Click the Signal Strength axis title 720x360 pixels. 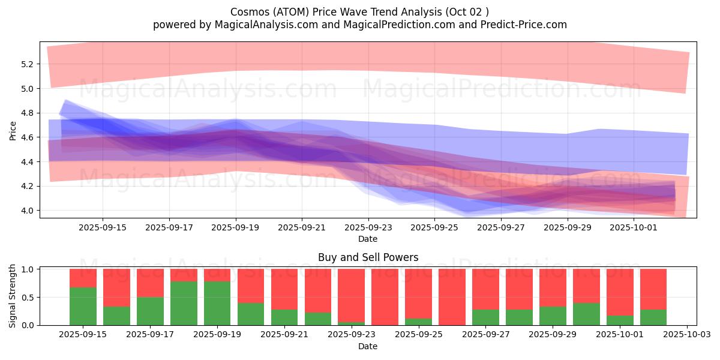[13, 296]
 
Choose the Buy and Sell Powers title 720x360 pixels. [368, 257]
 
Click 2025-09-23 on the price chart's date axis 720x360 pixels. [368, 227]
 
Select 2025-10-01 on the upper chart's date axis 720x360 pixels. [634, 227]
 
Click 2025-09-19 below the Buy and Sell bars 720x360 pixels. [217, 335]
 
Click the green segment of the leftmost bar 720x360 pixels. [83, 306]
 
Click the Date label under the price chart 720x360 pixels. [368, 239]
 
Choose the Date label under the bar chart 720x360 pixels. [368, 346]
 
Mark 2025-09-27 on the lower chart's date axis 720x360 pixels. [485, 335]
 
